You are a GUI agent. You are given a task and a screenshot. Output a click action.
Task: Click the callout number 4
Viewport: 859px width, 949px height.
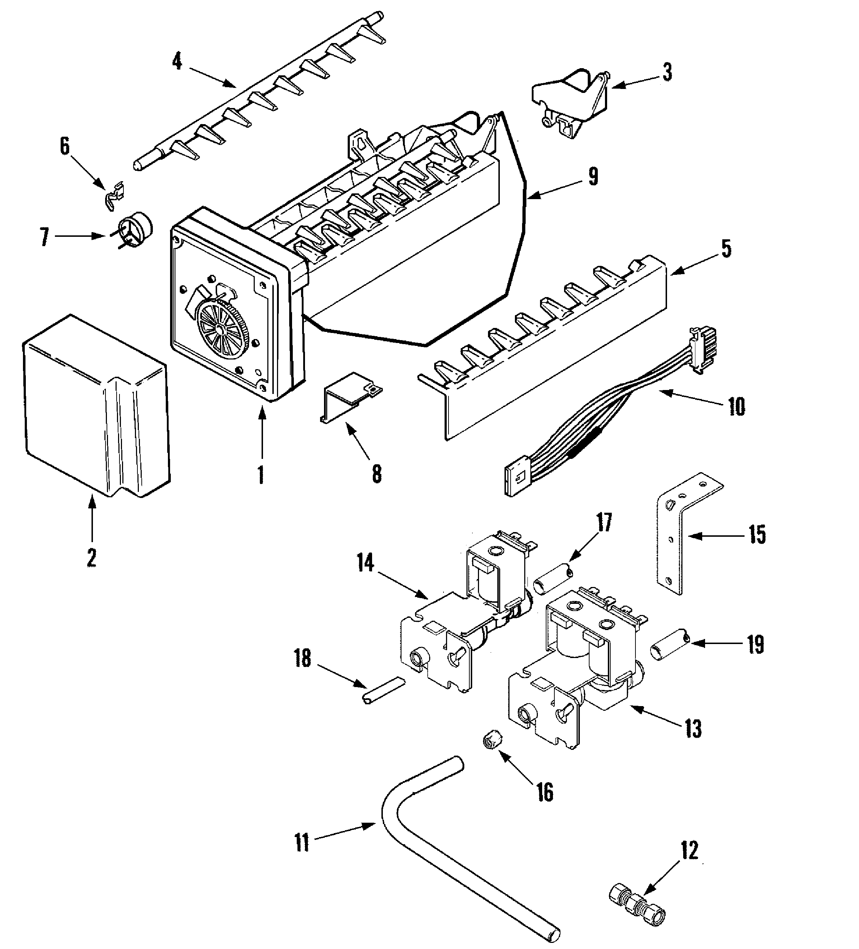(177, 62)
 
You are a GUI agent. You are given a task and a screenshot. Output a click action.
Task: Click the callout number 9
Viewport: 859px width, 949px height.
(593, 177)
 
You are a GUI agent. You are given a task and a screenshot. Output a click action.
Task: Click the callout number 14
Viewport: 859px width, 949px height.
(365, 563)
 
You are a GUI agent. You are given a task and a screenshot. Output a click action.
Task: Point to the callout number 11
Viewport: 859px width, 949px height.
(302, 842)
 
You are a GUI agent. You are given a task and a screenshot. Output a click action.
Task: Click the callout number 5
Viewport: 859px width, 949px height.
(726, 249)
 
